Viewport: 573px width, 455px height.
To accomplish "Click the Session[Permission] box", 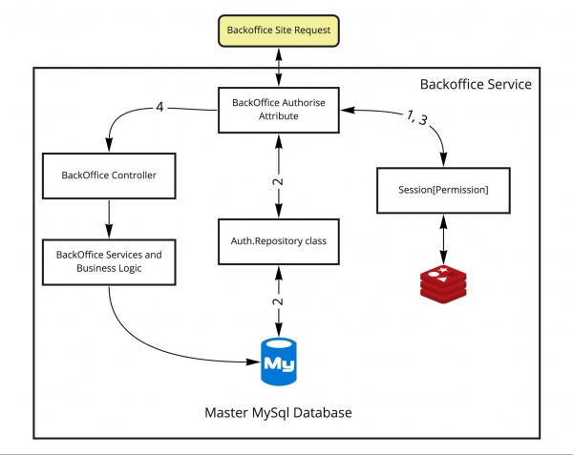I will point(441,189).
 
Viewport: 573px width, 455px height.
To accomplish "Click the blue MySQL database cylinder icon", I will point(277,360).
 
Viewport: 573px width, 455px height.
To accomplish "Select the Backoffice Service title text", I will point(476,85).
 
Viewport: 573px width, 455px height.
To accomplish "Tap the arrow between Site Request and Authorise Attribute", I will point(277,67).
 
